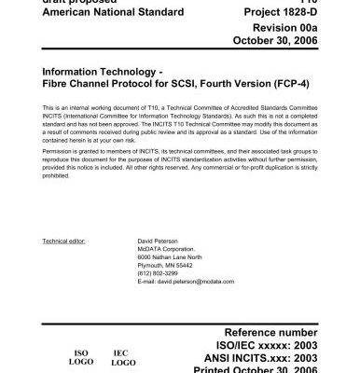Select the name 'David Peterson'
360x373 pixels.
point(158,240)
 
